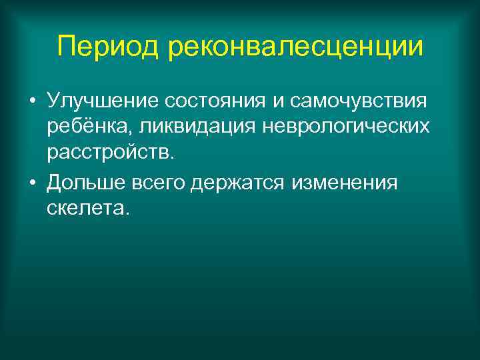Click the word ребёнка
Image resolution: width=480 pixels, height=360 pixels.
pos(83,128)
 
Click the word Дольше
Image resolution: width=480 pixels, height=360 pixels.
pos(80,182)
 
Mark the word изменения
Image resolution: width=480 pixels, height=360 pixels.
pos(345,182)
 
